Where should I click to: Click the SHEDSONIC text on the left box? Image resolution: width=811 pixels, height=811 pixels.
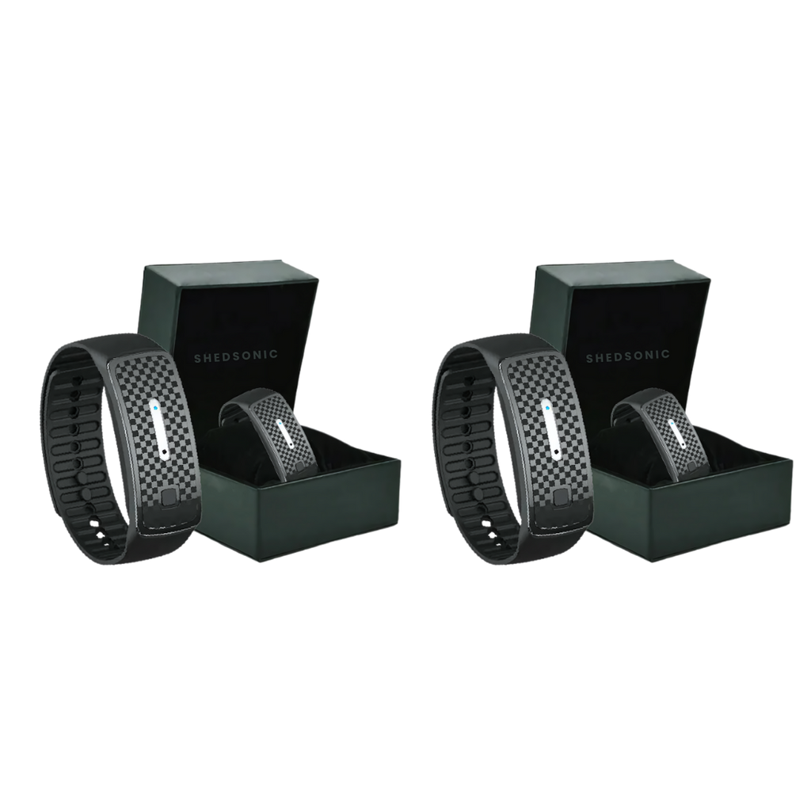(235, 356)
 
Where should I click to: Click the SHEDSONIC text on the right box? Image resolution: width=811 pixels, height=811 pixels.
(627, 356)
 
